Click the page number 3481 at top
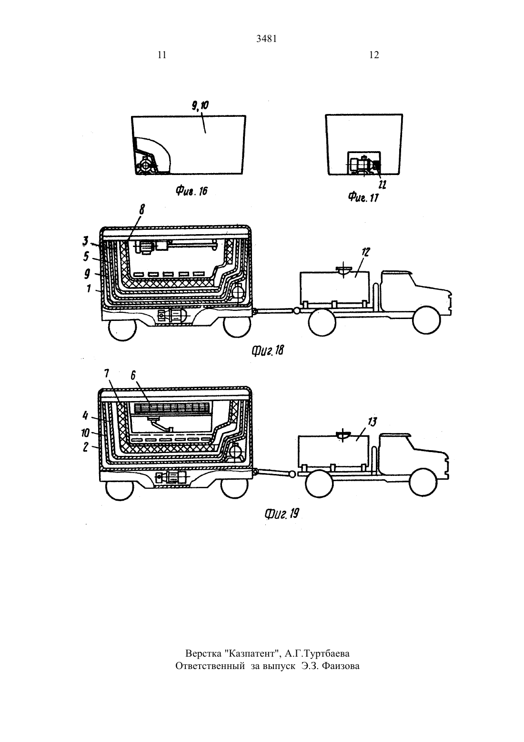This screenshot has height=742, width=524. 267,39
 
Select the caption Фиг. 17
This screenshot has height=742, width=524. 363,197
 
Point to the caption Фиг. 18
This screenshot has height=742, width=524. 268,350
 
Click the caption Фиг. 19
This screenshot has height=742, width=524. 282,514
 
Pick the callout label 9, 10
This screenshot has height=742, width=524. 200,106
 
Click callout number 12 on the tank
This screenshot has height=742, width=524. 365,252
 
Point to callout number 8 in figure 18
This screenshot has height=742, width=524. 142,210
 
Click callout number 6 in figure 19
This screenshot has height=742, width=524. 133,375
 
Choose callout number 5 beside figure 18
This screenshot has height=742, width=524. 86,256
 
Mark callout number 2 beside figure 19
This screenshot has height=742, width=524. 86,447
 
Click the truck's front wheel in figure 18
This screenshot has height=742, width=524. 427,320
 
